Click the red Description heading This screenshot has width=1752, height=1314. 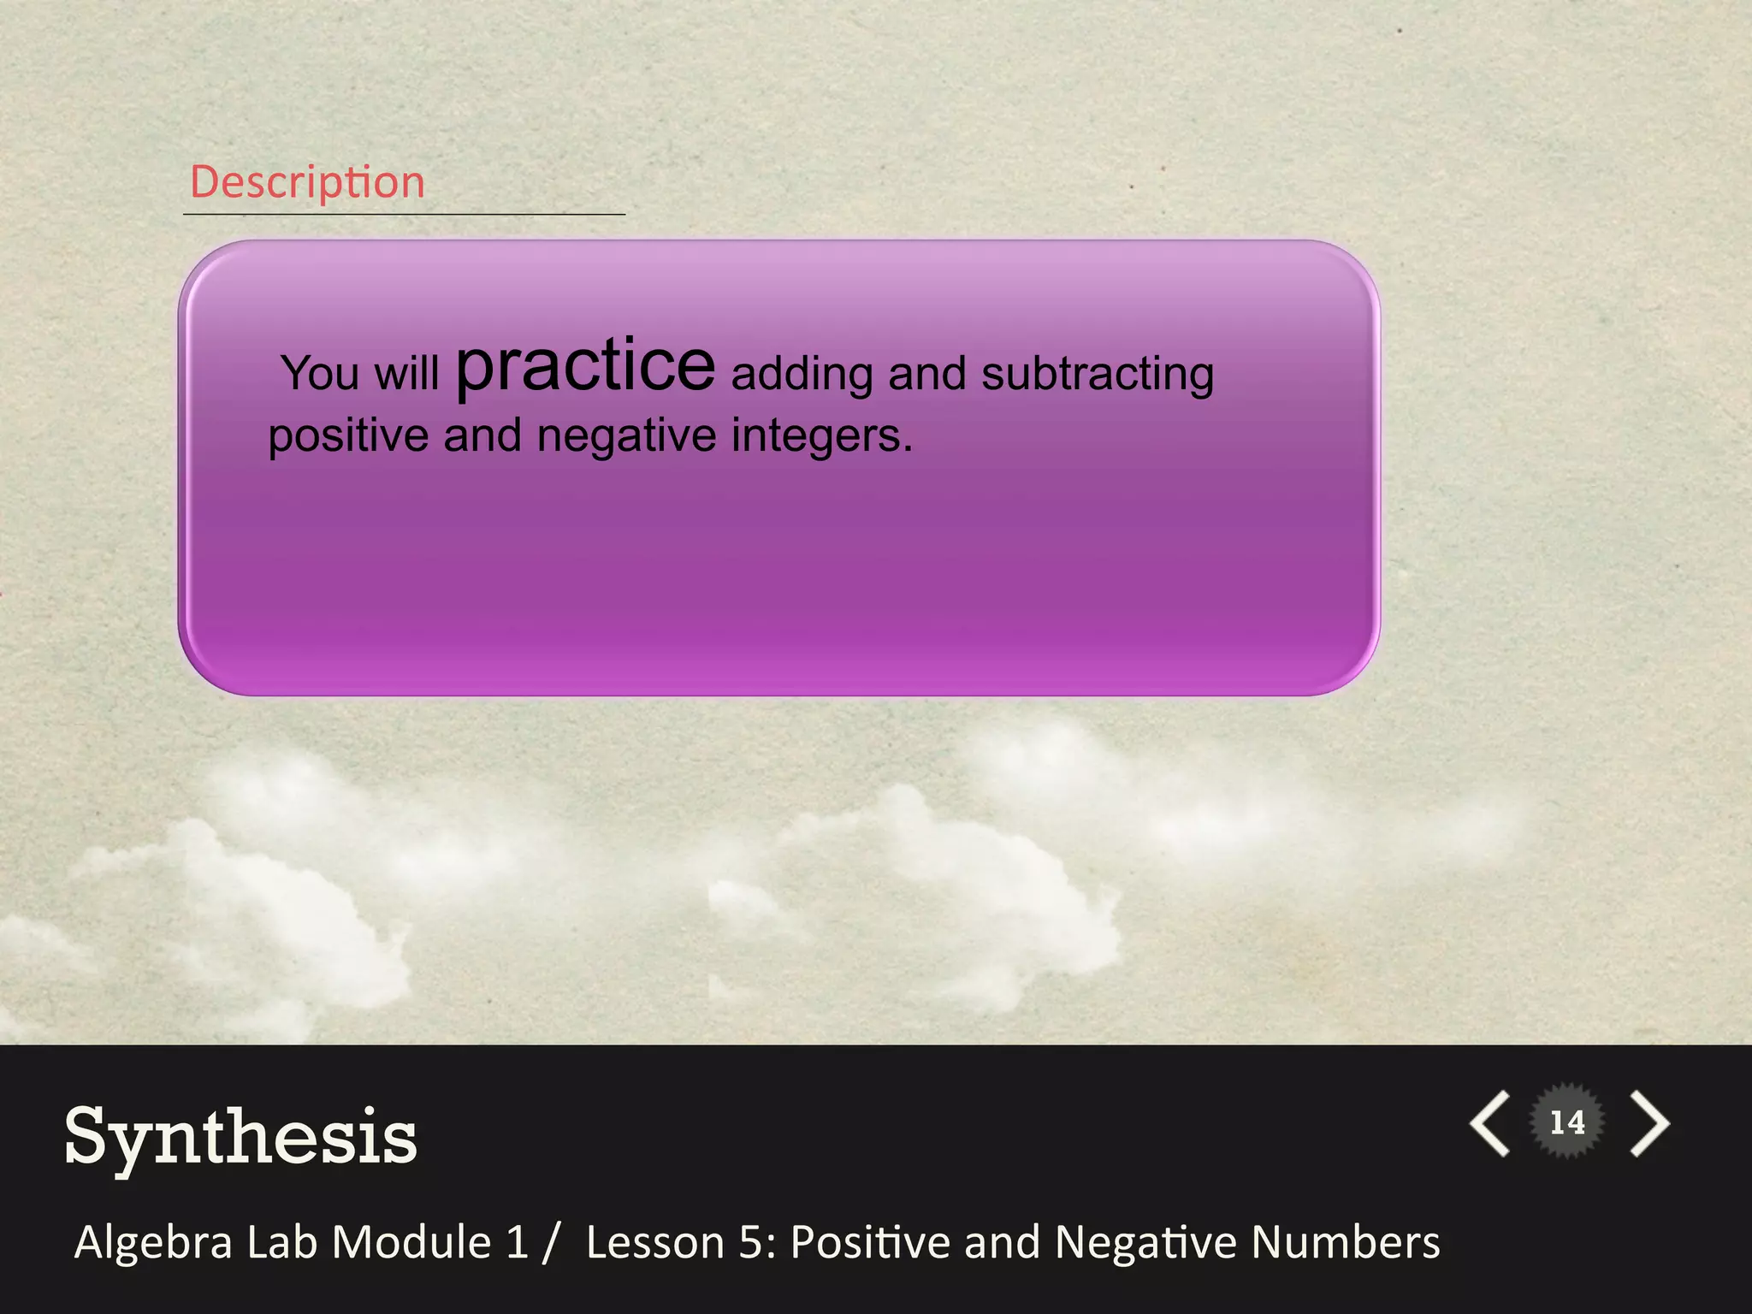click(x=307, y=182)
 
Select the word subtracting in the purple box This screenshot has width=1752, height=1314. click(x=1097, y=375)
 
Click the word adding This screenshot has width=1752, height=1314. click(x=802, y=375)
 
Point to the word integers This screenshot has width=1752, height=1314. click(x=821, y=436)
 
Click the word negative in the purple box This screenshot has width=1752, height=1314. click(x=626, y=436)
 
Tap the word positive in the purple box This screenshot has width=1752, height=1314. click(x=348, y=436)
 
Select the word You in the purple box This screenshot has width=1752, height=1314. click(x=320, y=374)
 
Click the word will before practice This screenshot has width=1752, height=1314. click(x=406, y=374)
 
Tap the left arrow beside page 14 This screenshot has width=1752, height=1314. click(x=1490, y=1123)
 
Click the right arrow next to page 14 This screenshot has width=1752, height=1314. click(x=1649, y=1123)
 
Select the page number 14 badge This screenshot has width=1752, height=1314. click(x=1567, y=1122)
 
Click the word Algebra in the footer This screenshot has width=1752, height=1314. click(x=153, y=1242)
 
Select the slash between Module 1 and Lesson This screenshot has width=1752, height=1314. click(x=551, y=1242)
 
